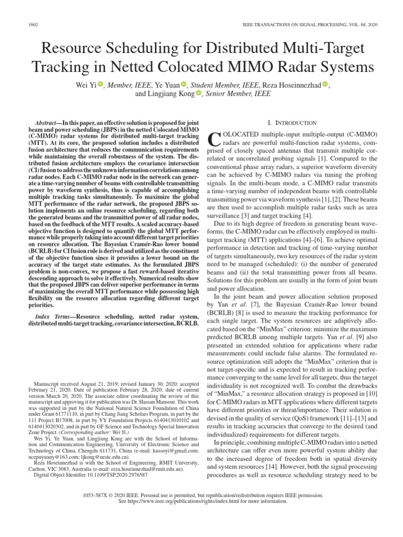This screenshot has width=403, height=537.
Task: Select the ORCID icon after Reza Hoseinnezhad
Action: (x=324, y=84)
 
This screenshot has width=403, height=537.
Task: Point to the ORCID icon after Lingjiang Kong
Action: (x=199, y=94)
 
